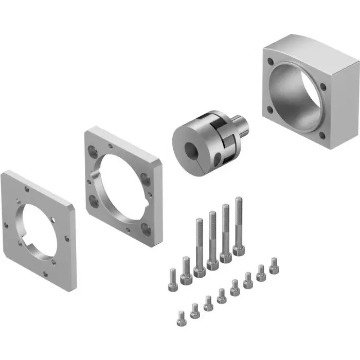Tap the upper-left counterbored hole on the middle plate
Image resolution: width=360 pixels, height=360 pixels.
point(92,151)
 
